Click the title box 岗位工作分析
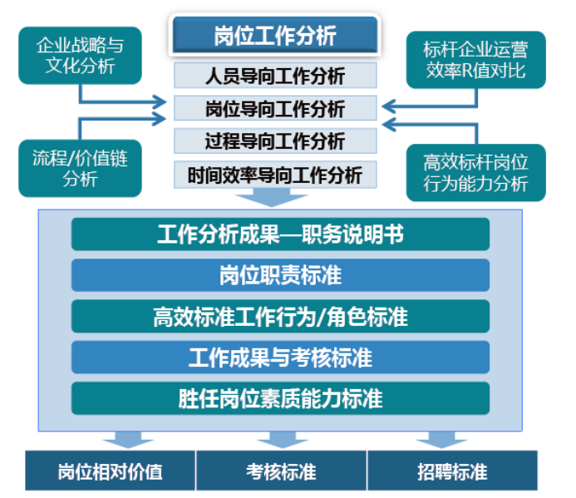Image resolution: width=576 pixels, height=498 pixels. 275,36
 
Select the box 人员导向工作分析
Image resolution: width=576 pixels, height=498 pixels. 275,76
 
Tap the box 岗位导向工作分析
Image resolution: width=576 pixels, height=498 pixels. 275,108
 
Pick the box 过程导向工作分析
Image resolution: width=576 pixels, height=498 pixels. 275,141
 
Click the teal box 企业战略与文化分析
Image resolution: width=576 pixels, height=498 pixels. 81,55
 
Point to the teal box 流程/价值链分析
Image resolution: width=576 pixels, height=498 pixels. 81,168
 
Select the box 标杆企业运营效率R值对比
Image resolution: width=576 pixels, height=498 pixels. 475,59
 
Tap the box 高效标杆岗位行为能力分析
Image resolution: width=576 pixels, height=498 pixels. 475,172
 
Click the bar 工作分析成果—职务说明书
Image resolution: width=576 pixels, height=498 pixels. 280,234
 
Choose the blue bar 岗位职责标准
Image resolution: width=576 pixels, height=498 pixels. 280,275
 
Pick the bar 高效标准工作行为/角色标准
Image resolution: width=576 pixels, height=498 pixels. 280,317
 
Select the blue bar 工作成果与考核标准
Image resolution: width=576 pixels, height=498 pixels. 280,357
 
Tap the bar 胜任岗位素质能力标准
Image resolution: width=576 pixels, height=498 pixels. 280,398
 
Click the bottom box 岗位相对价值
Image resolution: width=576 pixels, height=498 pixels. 110,471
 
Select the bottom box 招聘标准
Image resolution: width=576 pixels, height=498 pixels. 452,471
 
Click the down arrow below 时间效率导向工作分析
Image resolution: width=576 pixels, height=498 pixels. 275,198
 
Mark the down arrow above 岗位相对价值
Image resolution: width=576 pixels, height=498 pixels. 123,440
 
